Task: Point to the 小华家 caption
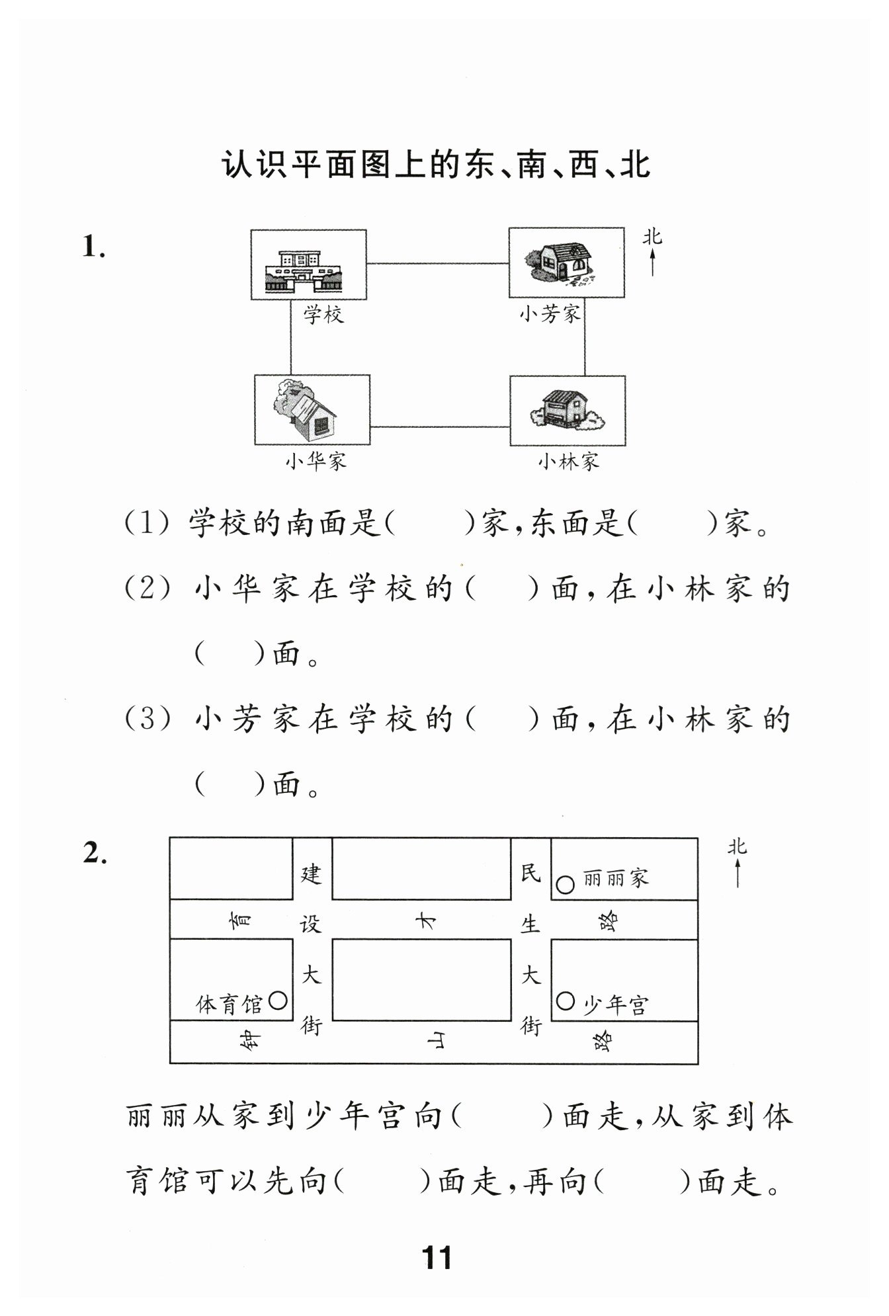(x=316, y=460)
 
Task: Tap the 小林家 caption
(x=569, y=460)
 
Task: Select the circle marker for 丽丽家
(x=565, y=885)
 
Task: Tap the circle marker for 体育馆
(x=278, y=1001)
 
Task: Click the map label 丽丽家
(x=615, y=878)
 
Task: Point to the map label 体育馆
(x=230, y=1005)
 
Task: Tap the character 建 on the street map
(x=311, y=874)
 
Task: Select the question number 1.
(x=93, y=247)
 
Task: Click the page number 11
(x=437, y=1257)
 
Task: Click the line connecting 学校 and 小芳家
(x=438, y=263)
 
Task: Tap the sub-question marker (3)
(x=148, y=718)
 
